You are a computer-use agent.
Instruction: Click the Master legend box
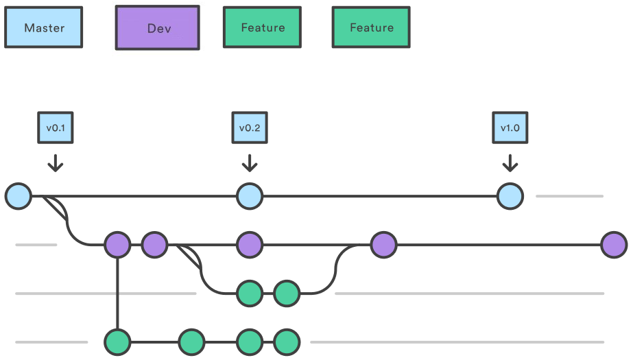point(44,27)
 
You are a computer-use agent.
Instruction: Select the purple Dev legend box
point(158,27)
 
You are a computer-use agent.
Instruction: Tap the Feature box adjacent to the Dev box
point(263,27)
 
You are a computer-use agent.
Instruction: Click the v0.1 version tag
point(56,128)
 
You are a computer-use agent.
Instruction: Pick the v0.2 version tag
point(250,128)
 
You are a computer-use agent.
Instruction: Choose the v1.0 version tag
point(510,128)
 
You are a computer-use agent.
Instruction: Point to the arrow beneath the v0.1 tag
point(56,163)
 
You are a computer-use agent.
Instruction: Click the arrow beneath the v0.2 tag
point(250,163)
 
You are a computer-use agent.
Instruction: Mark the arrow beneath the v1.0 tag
point(510,163)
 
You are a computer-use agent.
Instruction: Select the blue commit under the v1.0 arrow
point(510,196)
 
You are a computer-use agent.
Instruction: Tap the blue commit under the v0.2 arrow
point(250,196)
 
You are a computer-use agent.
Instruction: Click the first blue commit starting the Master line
point(18,196)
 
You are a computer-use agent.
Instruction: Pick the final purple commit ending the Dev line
point(614,245)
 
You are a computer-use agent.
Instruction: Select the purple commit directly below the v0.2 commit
point(250,245)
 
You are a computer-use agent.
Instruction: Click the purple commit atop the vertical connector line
point(117,245)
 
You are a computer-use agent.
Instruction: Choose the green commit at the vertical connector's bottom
point(117,342)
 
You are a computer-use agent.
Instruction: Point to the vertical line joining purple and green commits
point(117,293)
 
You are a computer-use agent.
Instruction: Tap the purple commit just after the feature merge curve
point(383,245)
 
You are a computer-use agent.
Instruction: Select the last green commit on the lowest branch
point(287,342)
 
